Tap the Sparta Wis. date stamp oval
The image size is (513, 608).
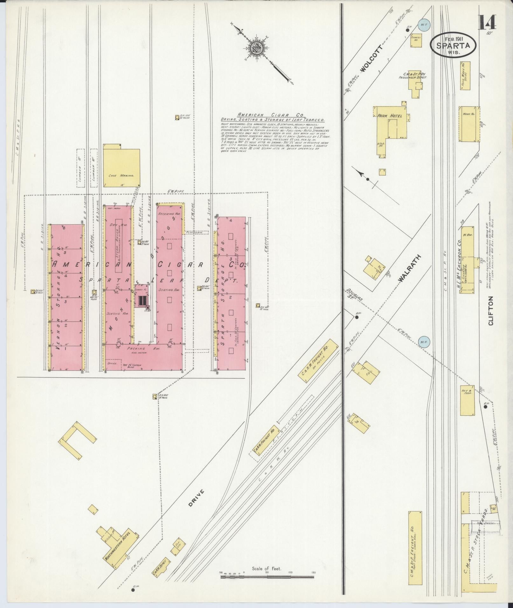454,45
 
